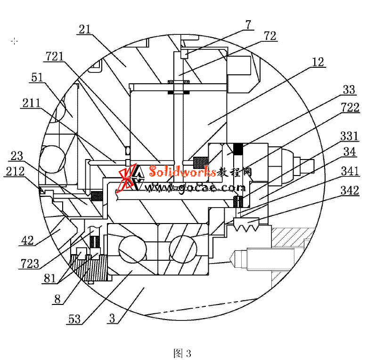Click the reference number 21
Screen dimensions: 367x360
tap(85, 30)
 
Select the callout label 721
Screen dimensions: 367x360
tap(55, 56)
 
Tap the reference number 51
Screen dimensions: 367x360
tap(37, 77)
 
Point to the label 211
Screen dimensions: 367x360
tap(31, 103)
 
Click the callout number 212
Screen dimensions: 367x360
tap(15, 171)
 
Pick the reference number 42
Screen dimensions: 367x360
tap(27, 240)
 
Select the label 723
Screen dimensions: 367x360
tap(30, 264)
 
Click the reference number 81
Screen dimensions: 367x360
tap(49, 279)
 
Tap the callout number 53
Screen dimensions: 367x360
tap(74, 319)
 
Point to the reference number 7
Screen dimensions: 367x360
tap(248, 25)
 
